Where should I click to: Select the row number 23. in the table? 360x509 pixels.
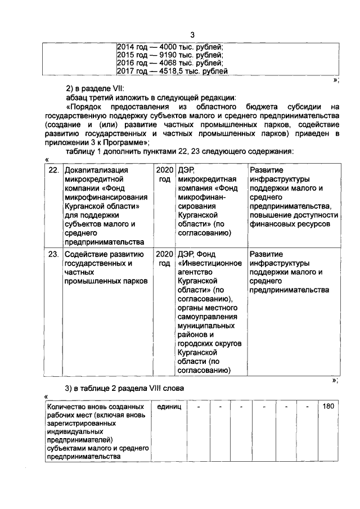(x=53, y=254)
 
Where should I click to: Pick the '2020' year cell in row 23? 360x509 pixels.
(x=164, y=254)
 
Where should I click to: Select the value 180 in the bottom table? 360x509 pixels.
(x=328, y=407)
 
